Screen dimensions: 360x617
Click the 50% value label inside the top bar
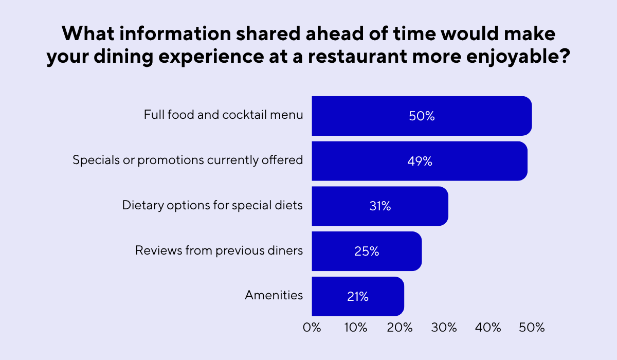coord(422,116)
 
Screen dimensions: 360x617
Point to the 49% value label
coord(420,161)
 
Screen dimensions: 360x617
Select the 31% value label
coord(380,207)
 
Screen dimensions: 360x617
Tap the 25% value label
coord(367,252)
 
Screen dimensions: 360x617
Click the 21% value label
coord(357,297)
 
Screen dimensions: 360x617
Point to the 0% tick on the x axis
coord(312,328)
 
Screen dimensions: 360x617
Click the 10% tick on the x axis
coord(355,328)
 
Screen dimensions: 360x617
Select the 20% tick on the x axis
coord(400,328)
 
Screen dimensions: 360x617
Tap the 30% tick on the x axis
coord(444,328)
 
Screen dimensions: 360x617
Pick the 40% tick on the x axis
coord(488,328)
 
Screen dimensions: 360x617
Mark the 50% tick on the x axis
coord(532,328)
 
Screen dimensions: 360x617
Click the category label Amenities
coord(274,296)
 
